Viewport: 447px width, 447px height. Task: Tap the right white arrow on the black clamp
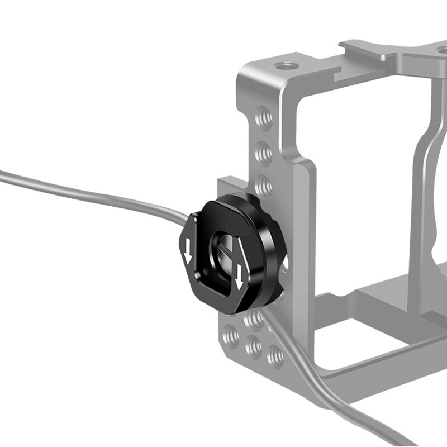pyautogui.click(x=240, y=274)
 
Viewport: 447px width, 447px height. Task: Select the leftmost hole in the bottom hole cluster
pyautogui.click(x=230, y=337)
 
